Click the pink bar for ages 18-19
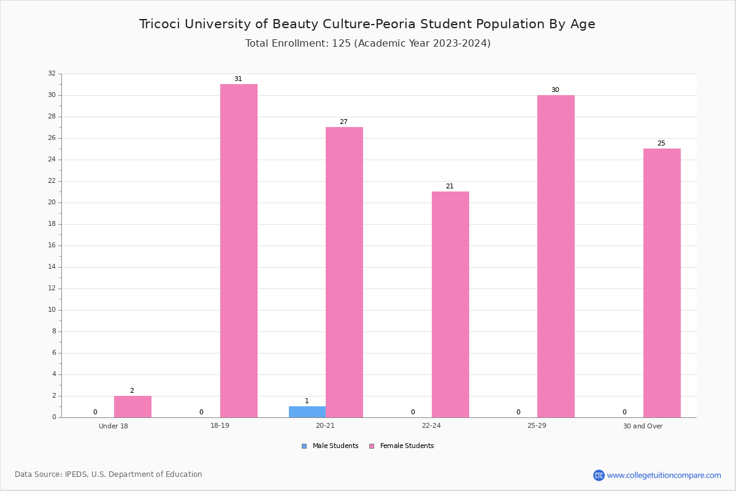[x=239, y=251]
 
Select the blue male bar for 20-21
[x=307, y=412]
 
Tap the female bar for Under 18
[x=132, y=407]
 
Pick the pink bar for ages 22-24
[x=450, y=304]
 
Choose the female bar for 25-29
[x=556, y=257]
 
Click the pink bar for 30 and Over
[x=662, y=283]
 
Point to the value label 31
[x=238, y=79]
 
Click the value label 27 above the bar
[x=343, y=122]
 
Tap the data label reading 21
[x=450, y=186]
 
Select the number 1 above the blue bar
[x=307, y=401]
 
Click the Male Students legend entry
[x=330, y=446]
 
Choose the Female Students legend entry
[x=402, y=446]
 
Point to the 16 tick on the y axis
[x=52, y=245]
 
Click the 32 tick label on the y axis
[x=52, y=73]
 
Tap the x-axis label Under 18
[x=113, y=426]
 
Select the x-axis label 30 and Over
[x=643, y=426]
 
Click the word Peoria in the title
[x=396, y=24]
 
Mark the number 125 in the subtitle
[x=341, y=44]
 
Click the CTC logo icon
[x=599, y=475]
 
